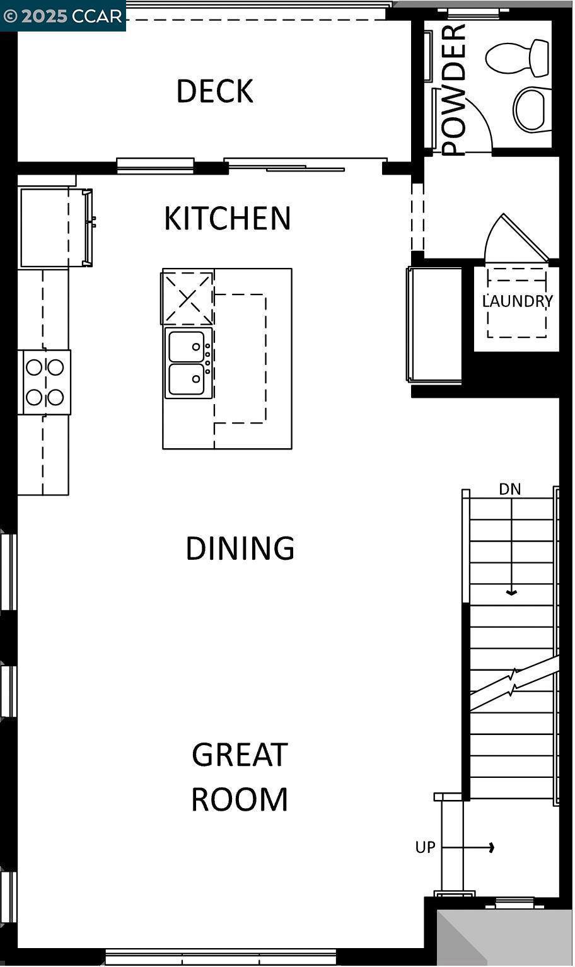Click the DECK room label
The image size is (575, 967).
click(214, 91)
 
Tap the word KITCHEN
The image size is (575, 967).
click(227, 218)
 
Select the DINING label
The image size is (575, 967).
click(240, 548)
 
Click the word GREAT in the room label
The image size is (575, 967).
click(240, 755)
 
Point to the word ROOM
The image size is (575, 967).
click(240, 799)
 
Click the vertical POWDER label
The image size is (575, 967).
click(453, 90)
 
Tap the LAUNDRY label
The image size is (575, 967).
click(517, 301)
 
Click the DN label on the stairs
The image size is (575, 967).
click(510, 489)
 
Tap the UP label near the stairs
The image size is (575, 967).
click(425, 847)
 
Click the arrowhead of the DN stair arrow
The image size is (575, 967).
click(511, 593)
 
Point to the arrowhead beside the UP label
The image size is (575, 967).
click(491, 847)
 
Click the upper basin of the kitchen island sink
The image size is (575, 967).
click(187, 346)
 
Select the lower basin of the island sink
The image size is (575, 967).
click(187, 379)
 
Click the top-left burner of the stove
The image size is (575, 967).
click(34, 367)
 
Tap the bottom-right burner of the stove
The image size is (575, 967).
click(55, 397)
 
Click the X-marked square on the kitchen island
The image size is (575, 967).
click(188, 298)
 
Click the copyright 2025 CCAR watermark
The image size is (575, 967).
click(62, 16)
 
